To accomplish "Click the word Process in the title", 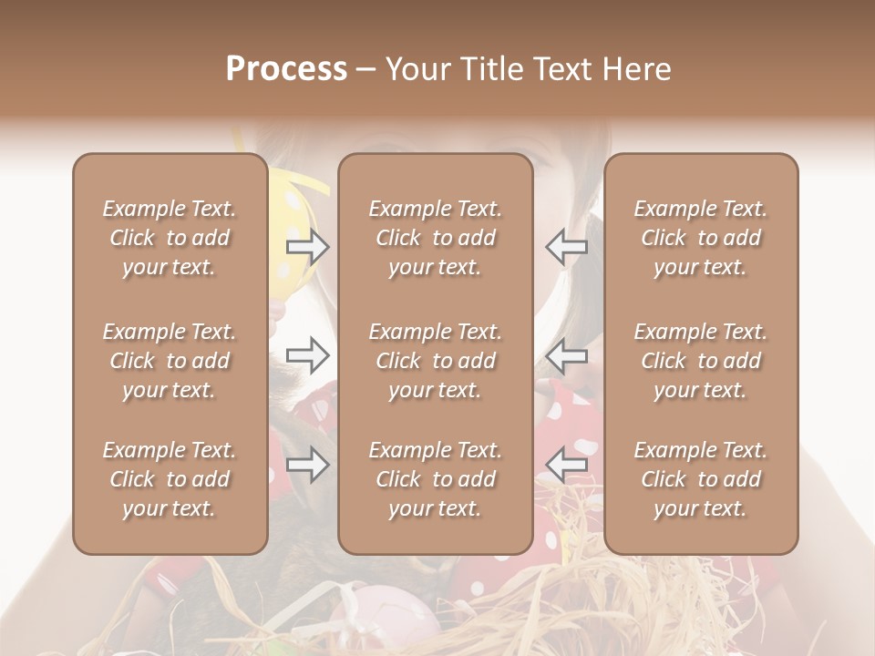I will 286,69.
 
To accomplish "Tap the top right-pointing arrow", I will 307,246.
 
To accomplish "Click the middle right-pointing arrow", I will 307,355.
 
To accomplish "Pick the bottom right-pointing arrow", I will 307,466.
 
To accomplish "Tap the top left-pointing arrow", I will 567,246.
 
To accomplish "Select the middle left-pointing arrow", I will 567,355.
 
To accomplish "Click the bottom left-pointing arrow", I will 567,466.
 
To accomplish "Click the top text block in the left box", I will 170,238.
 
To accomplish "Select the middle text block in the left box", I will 170,361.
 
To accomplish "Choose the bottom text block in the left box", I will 170,479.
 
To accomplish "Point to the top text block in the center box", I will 435,238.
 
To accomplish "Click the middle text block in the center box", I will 435,361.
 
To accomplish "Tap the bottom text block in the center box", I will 435,479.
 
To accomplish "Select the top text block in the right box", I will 701,238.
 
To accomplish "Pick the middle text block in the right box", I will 701,361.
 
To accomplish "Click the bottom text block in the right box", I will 701,479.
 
